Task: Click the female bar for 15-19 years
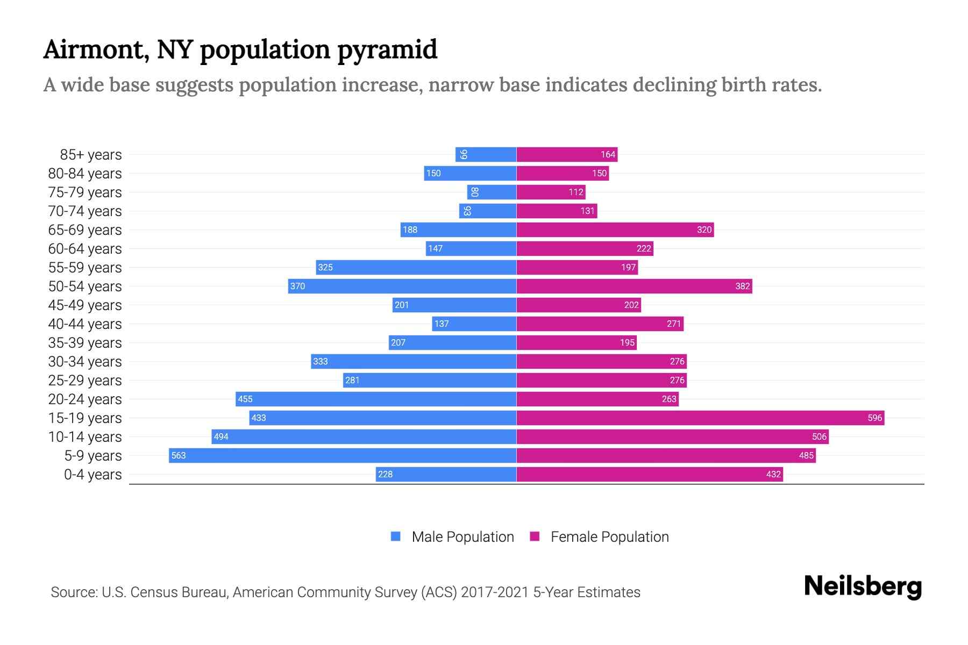point(700,418)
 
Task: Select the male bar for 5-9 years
point(343,455)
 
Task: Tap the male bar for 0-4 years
point(446,474)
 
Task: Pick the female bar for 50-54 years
point(634,286)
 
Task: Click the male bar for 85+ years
point(486,154)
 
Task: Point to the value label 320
point(704,230)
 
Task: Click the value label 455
point(245,399)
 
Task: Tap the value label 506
point(819,436)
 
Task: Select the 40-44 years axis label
point(85,324)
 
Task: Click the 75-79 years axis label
point(85,192)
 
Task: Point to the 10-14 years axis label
point(85,436)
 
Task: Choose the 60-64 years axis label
point(85,248)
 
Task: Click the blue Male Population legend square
point(396,536)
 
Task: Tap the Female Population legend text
point(609,536)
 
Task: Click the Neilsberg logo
point(863,586)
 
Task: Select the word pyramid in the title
point(387,50)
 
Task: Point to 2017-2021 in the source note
point(495,592)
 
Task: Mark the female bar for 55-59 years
point(577,267)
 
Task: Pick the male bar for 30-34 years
point(414,361)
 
